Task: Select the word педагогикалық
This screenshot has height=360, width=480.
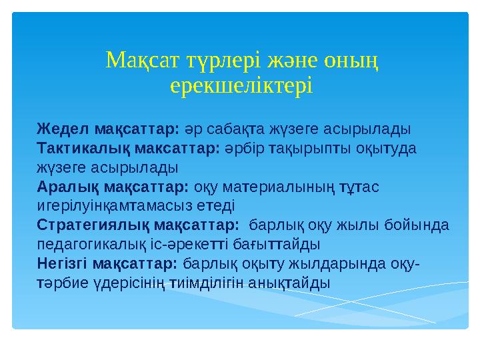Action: point(85,243)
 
